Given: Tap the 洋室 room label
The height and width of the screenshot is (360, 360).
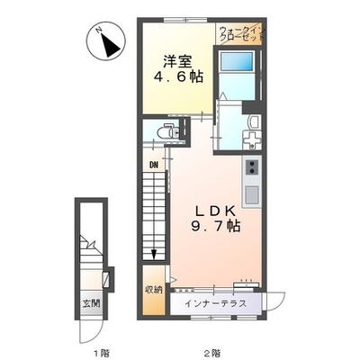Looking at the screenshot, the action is pyautogui.click(x=177, y=62).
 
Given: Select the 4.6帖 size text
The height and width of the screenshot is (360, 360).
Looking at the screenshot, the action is pyautogui.click(x=178, y=77).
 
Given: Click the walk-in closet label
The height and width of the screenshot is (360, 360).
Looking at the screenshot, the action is pyautogui.click(x=241, y=34).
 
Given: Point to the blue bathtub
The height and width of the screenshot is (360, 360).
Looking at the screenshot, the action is pyautogui.click(x=237, y=62).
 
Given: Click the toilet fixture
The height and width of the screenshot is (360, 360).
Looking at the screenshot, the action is pyautogui.click(x=167, y=131).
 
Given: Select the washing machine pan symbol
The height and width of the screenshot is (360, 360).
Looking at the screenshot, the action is pyautogui.click(x=252, y=140).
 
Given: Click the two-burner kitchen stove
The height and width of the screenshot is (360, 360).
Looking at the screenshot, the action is pyautogui.click(x=252, y=167).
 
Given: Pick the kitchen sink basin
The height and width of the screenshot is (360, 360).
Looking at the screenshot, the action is pyautogui.click(x=252, y=194).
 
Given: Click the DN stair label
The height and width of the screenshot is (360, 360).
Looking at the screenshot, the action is pyautogui.click(x=154, y=165).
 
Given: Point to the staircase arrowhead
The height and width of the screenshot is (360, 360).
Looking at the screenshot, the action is pyautogui.click(x=154, y=255).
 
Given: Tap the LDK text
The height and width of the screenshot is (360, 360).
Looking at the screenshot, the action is pyautogui.click(x=215, y=211).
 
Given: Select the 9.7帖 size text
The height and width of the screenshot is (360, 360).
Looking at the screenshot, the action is pyautogui.click(x=216, y=226).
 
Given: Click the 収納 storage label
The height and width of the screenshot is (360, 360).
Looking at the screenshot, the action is pyautogui.click(x=154, y=290).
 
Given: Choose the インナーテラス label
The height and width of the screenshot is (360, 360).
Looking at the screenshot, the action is pyautogui.click(x=215, y=303).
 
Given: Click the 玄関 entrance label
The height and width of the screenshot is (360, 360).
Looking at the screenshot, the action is pyautogui.click(x=91, y=303).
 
